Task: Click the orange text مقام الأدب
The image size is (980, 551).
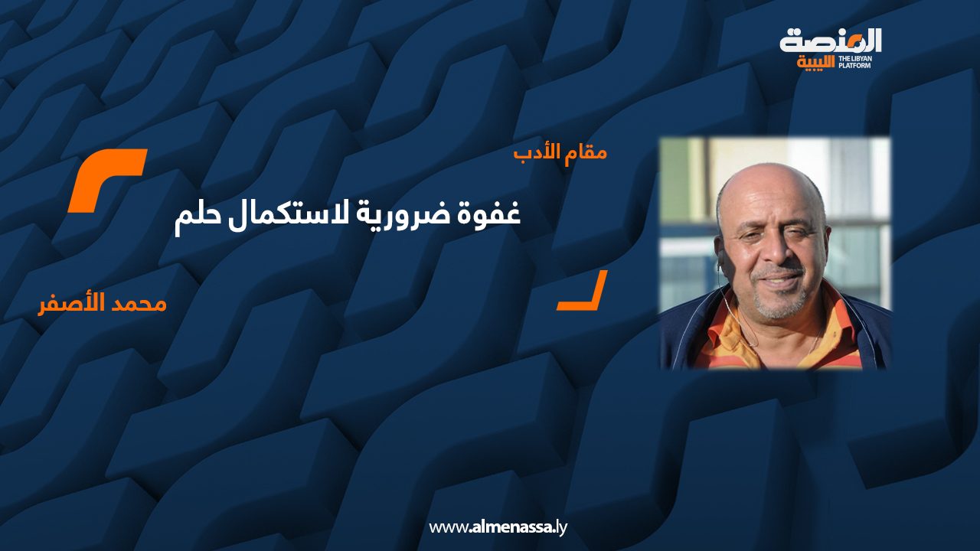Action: point(560,152)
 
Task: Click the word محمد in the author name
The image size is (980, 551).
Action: point(136,304)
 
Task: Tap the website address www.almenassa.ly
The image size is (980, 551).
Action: point(498,527)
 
